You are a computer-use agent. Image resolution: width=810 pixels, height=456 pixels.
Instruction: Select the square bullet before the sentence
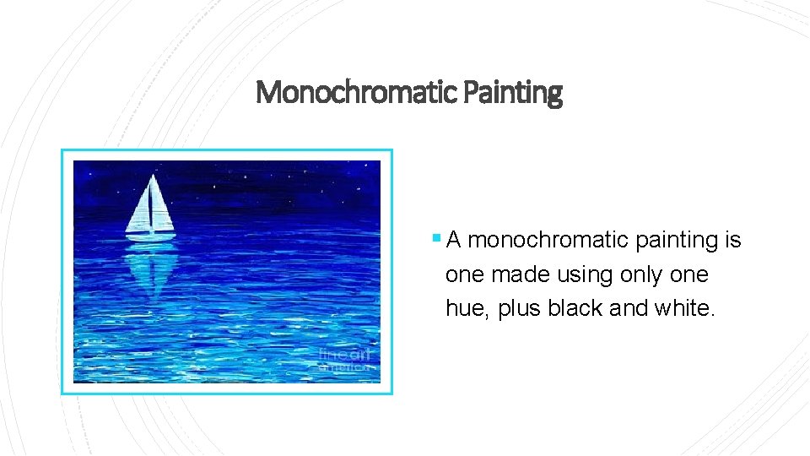435,238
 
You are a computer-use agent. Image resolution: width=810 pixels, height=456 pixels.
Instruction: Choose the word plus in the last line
520,309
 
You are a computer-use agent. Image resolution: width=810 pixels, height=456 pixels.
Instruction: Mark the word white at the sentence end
684,309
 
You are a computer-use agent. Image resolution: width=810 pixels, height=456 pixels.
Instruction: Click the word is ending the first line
733,241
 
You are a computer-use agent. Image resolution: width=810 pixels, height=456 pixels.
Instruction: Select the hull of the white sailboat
150,236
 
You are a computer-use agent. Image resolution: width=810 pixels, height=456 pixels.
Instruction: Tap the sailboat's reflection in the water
150,270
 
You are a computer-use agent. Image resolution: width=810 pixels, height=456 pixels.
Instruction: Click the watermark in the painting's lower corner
344,360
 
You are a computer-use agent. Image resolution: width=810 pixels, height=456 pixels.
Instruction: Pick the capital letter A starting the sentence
454,241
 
